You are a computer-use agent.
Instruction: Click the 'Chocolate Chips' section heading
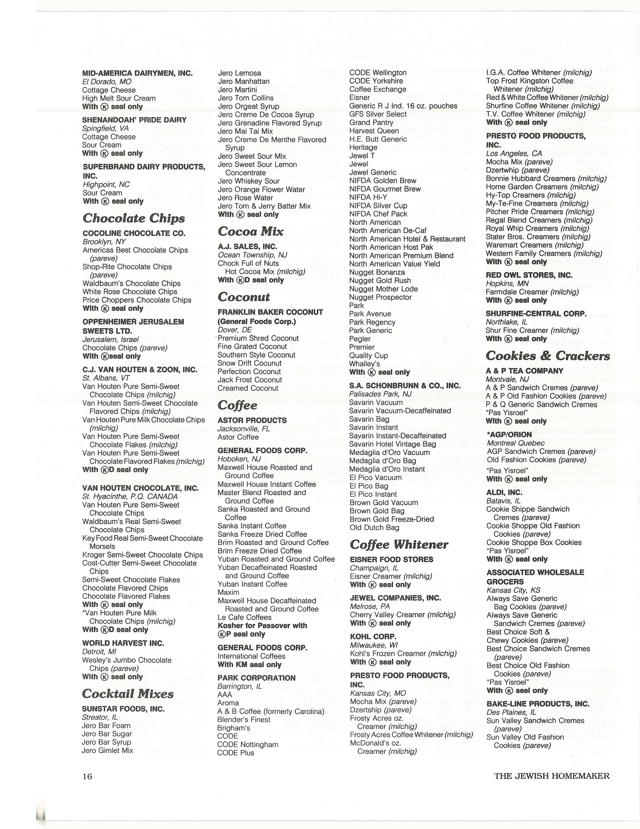coord(134,218)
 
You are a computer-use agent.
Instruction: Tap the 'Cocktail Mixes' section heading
coord(128,694)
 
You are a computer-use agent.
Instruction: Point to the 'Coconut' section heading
coord(244,297)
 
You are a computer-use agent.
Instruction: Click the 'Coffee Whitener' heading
coord(399,544)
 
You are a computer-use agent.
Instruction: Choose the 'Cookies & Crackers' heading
coord(548,356)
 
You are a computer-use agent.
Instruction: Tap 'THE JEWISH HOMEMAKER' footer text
coord(552,776)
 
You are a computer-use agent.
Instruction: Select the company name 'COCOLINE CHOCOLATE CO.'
coord(134,233)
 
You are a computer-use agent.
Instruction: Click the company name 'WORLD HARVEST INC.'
coord(123,643)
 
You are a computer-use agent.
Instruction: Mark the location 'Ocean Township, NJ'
coord(252,255)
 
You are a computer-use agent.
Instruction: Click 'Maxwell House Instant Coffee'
coord(267,484)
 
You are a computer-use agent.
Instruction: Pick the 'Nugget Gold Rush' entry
coord(380,281)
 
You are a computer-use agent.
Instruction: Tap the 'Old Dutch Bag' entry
coord(374,527)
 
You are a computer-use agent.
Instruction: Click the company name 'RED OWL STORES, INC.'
coord(529,275)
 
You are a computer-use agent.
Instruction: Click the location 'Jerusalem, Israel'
coord(110,339)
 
